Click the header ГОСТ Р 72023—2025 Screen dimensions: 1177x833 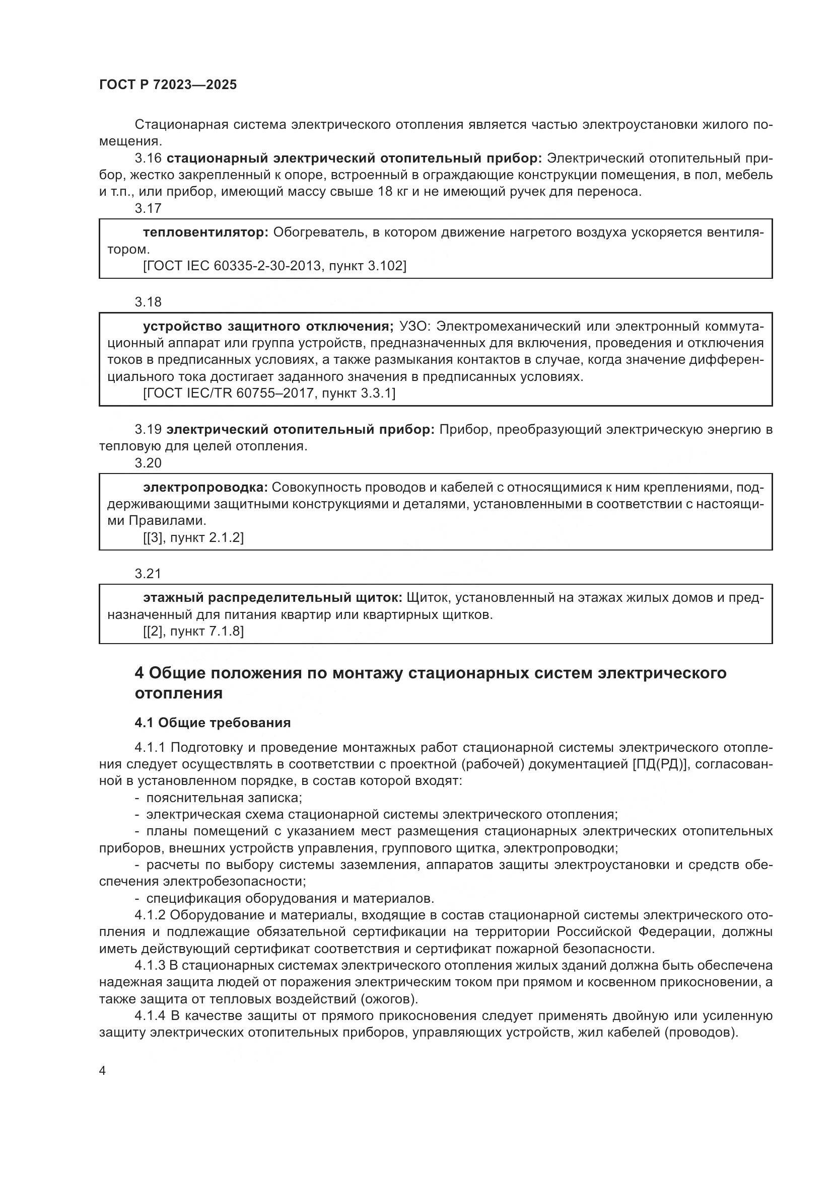coord(168,85)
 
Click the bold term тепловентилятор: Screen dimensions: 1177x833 coord(205,233)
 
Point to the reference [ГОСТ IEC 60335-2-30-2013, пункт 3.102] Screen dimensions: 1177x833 coord(274,266)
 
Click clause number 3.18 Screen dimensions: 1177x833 coord(148,302)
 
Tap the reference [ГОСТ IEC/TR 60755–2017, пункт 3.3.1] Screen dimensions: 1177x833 coord(269,393)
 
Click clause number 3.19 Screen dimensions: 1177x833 coord(148,429)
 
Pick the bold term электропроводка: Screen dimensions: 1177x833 coord(205,487)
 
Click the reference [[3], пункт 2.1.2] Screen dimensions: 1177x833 coord(193,537)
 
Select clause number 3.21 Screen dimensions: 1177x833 coord(148,573)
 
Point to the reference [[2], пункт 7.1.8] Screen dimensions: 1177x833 coord(193,631)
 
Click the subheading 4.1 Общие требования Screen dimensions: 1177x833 coord(213,722)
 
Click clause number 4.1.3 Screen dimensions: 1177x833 coord(150,965)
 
